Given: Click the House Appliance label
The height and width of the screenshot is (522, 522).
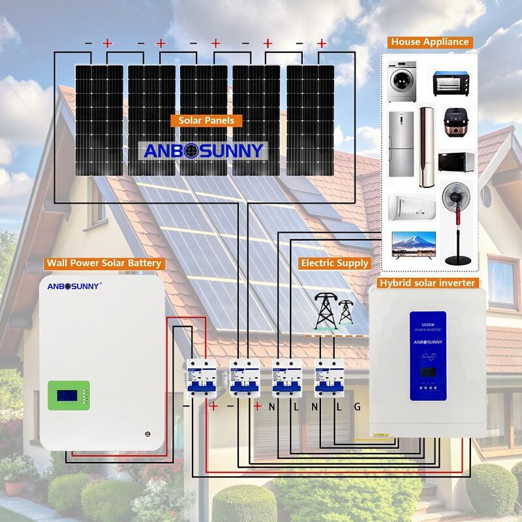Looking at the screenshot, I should click(429, 42).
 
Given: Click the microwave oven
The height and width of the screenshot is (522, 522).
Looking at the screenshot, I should click(452, 162).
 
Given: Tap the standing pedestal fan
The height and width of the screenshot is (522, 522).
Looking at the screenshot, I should click(458, 222).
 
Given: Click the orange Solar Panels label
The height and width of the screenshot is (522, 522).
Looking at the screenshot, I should click(206, 121).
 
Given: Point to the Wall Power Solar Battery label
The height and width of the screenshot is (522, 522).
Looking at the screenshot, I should click(103, 264).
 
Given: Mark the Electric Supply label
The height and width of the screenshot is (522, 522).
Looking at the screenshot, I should click(334, 263).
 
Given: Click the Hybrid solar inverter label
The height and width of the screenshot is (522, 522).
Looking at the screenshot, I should click(428, 283).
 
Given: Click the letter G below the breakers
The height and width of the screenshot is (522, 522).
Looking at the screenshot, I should click(357, 407).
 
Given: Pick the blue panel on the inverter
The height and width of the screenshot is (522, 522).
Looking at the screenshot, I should click(427, 356).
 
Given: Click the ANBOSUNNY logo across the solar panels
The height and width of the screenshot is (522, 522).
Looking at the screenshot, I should click(204, 151).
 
